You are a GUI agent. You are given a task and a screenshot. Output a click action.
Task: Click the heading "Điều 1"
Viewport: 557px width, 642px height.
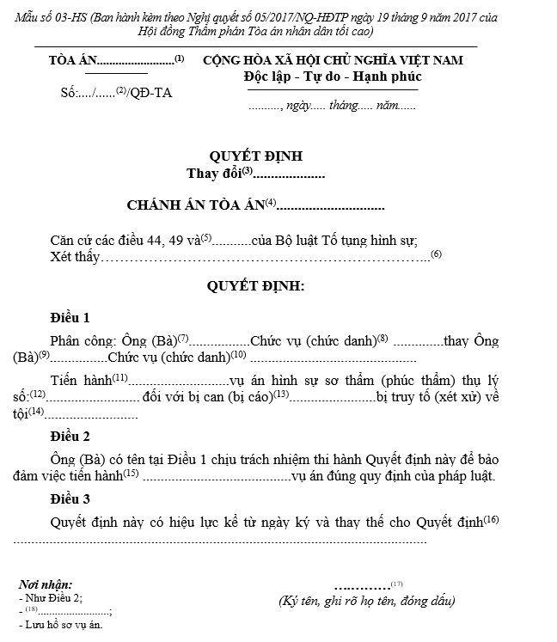click(70, 317)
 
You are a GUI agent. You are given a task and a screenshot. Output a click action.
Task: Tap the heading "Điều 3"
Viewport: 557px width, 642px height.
click(70, 498)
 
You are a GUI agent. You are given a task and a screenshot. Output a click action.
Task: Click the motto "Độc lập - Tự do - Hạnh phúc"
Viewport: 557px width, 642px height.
click(332, 77)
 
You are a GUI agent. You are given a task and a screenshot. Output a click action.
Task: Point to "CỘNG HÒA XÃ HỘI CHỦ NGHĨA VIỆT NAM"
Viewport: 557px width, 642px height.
click(333, 60)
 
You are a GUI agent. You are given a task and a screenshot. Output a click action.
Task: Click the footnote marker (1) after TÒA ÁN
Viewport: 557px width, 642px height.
click(179, 59)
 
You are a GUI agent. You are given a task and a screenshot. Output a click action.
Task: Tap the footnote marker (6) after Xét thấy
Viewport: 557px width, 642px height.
click(436, 254)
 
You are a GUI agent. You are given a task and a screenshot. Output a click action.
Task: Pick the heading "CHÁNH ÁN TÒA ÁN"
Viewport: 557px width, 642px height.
click(195, 205)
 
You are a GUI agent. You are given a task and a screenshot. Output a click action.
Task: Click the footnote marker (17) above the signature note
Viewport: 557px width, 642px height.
click(396, 584)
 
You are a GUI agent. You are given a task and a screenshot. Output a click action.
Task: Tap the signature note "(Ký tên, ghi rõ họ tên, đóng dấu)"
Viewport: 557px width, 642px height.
click(367, 601)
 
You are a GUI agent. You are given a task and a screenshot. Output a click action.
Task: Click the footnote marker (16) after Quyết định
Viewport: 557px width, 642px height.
click(491, 519)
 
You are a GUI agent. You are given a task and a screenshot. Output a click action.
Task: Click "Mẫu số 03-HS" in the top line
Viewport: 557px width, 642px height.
click(46, 18)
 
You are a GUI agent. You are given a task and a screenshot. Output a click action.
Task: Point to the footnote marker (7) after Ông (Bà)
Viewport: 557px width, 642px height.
click(182, 336)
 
